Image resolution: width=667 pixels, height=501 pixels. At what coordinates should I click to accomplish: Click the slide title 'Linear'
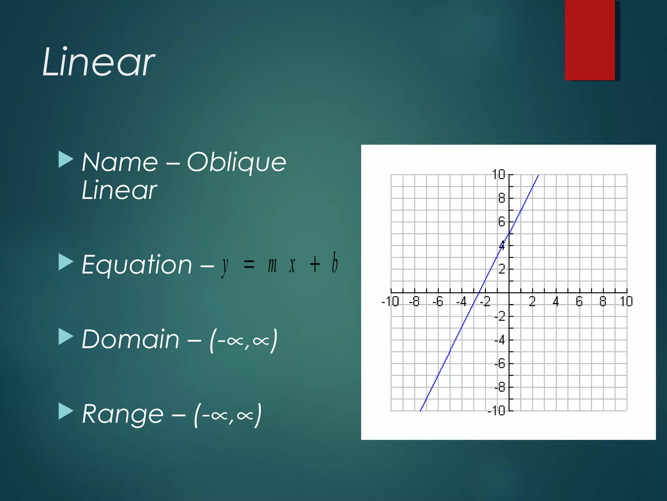point(98,62)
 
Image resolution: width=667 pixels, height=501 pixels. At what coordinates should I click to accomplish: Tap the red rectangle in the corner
point(590,40)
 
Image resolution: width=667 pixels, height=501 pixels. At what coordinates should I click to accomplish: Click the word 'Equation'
point(137,265)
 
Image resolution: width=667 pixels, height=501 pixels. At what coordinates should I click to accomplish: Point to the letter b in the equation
point(334,263)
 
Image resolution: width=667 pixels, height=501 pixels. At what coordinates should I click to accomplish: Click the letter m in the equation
point(272,265)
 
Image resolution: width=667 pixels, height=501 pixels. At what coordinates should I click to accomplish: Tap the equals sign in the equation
point(249,264)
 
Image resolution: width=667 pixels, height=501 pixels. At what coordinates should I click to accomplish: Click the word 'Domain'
point(130,339)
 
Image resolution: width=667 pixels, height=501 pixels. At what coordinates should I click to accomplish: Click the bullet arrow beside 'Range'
point(65,411)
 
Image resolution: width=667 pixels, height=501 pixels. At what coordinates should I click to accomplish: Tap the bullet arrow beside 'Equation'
point(65,262)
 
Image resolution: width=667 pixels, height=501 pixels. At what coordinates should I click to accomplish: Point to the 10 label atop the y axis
point(498,175)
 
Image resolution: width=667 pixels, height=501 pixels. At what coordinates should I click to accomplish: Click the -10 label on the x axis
point(390,301)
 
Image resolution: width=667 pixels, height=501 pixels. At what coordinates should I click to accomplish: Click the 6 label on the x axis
point(579,301)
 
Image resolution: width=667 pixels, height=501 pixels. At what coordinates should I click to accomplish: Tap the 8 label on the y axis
point(502,198)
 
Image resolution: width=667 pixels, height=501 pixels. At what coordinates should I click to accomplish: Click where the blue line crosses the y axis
point(509,234)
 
